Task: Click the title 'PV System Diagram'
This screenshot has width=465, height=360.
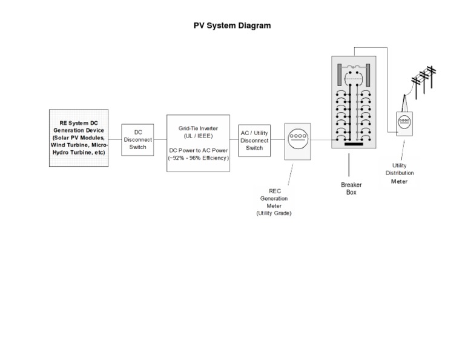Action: point(232,25)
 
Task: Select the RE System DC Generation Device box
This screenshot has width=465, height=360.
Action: point(79,138)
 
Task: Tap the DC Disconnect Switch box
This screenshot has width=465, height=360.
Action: point(137,139)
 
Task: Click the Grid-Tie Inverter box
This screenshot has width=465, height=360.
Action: point(199,143)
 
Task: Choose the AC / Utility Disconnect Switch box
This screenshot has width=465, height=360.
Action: point(254,140)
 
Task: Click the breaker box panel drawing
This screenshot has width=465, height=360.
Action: point(354,103)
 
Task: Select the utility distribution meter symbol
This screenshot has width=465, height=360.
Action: point(404,122)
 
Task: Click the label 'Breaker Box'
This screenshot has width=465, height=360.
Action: point(348,188)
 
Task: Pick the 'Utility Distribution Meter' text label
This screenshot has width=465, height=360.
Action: point(399,173)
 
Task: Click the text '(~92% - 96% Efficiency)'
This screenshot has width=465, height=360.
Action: point(199,158)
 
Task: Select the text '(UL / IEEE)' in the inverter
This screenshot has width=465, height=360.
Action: point(198,136)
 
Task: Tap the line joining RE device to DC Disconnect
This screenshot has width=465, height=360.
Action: point(115,139)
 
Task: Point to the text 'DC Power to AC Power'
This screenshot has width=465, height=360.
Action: point(199,150)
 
